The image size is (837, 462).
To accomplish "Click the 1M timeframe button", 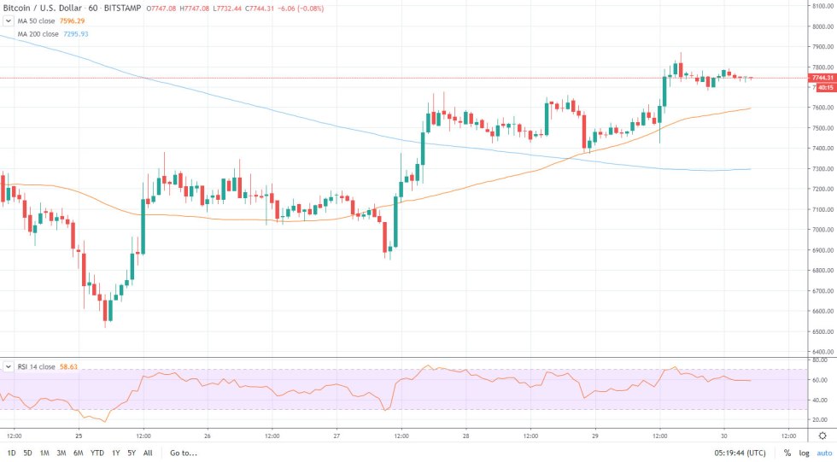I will point(45,453).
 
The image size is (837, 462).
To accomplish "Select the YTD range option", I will point(97,453).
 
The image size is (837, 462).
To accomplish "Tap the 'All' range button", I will point(148,453).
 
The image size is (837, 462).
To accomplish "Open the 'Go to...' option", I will point(184,453).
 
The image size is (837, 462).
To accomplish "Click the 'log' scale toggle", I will point(804,453).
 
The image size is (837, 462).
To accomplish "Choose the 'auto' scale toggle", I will point(824,453).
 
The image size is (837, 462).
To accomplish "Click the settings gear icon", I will point(822,434).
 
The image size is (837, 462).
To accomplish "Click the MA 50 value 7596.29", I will point(73,20).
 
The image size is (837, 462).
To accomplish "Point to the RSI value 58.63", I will point(69,366).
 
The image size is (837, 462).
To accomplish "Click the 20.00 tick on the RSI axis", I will point(820,419).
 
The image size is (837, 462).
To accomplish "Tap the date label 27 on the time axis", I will point(337,433).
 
